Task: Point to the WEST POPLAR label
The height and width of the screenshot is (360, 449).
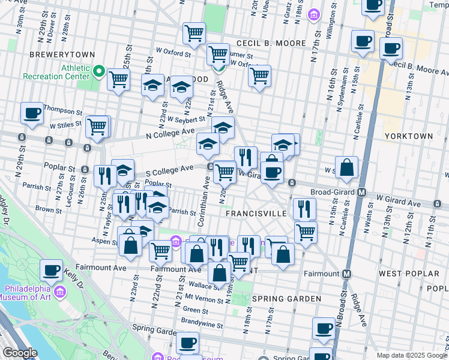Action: coord(409,274)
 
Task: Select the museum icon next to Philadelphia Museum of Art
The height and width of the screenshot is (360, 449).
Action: coord(59,292)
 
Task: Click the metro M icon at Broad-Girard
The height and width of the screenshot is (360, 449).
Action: coord(362,193)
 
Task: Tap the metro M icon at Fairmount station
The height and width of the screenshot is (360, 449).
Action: coord(347,274)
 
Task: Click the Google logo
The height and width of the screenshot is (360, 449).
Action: coord(20,353)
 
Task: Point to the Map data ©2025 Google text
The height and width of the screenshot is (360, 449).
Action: coord(411,355)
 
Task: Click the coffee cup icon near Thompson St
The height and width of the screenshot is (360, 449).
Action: coord(32,112)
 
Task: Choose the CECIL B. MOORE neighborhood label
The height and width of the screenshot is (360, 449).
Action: coord(271,44)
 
